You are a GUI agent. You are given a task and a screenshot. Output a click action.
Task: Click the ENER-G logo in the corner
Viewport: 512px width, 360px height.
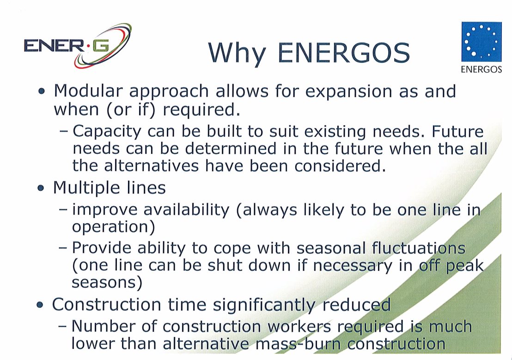[78, 45]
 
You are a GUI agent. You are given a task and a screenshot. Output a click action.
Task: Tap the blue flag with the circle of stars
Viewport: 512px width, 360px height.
[482, 42]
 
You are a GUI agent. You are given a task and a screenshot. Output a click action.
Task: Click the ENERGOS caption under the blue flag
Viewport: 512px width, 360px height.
[482, 69]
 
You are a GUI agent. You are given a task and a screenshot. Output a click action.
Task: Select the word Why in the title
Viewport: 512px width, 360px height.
[237, 54]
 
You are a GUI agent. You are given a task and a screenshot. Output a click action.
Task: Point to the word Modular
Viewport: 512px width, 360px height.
[88, 91]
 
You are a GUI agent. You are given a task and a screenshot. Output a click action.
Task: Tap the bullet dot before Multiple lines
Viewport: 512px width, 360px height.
[41, 188]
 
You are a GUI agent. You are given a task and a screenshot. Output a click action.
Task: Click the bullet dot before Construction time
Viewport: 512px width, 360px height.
[40, 305]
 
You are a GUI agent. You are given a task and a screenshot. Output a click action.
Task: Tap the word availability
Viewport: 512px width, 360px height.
[186, 210]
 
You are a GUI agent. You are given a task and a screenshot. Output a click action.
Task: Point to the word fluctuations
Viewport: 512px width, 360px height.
[419, 248]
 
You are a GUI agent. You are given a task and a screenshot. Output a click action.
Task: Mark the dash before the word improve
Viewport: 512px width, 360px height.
[63, 209]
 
